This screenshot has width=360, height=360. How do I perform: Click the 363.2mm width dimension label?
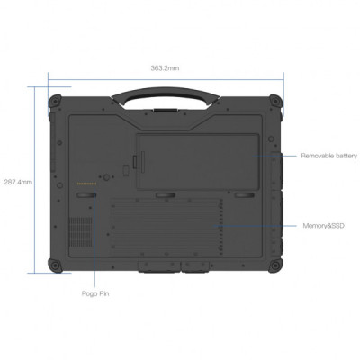(x=164, y=67)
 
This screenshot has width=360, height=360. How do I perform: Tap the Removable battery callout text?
(x=328, y=155)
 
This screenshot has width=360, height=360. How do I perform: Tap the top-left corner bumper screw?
(x=55, y=101)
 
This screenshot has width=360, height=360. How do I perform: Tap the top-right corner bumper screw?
(x=276, y=101)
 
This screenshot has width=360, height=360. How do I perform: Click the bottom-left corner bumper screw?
(x=55, y=265)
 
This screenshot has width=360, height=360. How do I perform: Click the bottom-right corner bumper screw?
(x=276, y=265)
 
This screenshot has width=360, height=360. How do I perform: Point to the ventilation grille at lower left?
(x=82, y=229)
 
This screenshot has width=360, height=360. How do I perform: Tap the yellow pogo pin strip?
(x=88, y=181)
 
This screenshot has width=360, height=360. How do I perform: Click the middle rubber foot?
(x=165, y=193)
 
